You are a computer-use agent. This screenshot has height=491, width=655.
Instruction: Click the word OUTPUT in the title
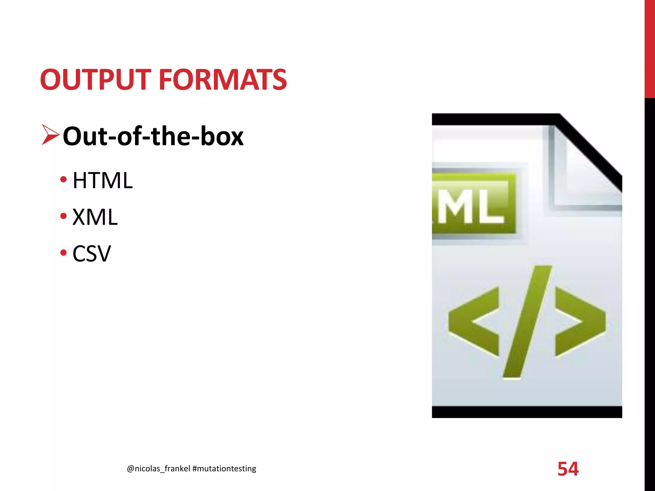95,80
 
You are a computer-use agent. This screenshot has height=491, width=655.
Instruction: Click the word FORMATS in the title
223,80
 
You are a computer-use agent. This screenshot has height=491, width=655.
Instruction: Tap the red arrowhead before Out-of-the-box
50,135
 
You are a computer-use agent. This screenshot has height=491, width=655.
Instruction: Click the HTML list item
102,181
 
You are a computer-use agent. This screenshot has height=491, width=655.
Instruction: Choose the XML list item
95,217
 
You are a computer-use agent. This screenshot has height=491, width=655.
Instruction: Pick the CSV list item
91,254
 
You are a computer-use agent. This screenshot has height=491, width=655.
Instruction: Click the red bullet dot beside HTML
63,179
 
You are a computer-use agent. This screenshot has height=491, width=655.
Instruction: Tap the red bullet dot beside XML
63,216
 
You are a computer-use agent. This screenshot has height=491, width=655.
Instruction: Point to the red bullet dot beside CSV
63,253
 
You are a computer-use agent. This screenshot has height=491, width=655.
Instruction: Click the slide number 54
568,469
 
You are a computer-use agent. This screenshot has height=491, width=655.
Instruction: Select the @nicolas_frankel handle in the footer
158,469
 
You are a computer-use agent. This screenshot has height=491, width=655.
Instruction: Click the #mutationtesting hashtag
224,469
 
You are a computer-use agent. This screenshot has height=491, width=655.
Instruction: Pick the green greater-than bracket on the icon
580,321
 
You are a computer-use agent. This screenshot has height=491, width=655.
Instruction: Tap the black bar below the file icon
527,412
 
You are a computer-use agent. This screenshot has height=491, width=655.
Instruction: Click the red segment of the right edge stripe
650,48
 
